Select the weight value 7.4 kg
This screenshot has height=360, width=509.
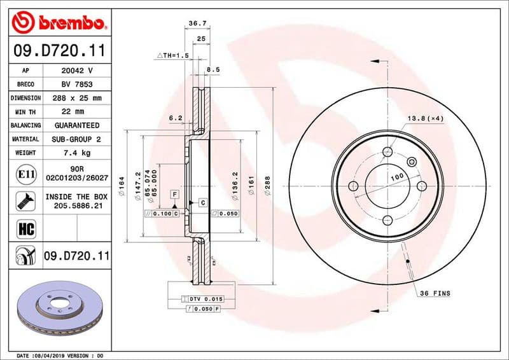[x=76, y=153]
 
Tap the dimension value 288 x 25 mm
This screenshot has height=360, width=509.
[x=76, y=98]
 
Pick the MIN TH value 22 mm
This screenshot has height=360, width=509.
[x=76, y=112]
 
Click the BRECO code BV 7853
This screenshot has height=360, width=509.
[x=76, y=84]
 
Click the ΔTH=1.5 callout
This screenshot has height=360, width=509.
[x=173, y=56]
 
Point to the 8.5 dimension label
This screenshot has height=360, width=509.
[x=213, y=69]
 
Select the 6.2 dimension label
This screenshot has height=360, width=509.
[x=176, y=118]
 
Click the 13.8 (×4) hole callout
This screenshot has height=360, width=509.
[x=425, y=119]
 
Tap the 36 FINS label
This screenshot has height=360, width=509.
[x=435, y=293]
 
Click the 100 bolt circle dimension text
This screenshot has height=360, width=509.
[x=397, y=176]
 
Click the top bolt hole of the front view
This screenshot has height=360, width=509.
[x=387, y=152]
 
